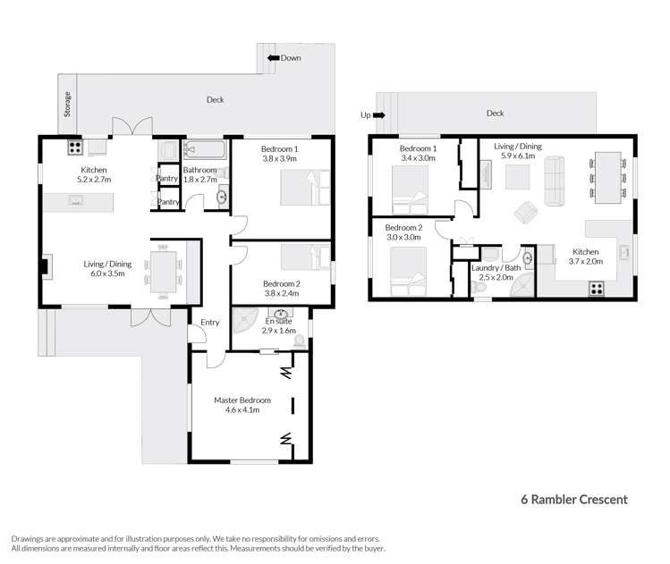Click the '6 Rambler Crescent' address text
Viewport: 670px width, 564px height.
pyautogui.click(x=574, y=500)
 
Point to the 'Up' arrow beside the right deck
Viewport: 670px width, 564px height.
pyautogui.click(x=378, y=114)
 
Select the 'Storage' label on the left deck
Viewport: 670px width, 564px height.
pyautogui.click(x=67, y=105)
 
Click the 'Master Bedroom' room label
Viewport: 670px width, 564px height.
pyautogui.click(x=242, y=400)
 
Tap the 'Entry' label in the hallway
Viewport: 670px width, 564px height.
pyautogui.click(x=209, y=323)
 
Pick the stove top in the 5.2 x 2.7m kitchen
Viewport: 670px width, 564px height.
pyautogui.click(x=75, y=147)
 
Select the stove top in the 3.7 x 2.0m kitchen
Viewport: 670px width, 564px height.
pyautogui.click(x=595, y=288)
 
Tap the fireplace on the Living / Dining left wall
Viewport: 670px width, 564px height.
pyautogui.click(x=45, y=265)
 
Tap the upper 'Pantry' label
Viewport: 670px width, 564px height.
pyautogui.click(x=167, y=179)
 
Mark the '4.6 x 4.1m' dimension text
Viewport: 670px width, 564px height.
pyautogui.click(x=242, y=410)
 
